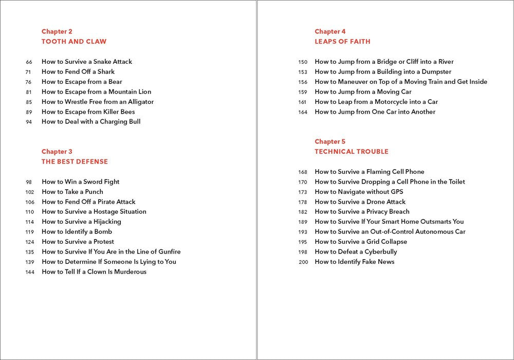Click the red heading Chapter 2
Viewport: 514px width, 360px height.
click(x=57, y=31)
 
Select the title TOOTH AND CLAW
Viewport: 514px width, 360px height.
click(x=74, y=42)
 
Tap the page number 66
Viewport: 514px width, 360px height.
click(x=29, y=62)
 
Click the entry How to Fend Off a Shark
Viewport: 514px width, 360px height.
click(x=78, y=71)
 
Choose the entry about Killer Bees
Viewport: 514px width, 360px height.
click(x=88, y=112)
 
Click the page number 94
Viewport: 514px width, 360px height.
click(x=29, y=122)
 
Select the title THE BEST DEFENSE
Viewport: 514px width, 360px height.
click(x=75, y=161)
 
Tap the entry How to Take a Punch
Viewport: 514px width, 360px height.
click(x=72, y=192)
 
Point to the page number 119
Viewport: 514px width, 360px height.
click(x=29, y=232)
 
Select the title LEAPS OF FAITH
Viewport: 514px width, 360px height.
click(x=342, y=42)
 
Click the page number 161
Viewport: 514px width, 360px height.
click(x=302, y=102)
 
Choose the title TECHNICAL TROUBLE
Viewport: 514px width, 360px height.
click(x=352, y=152)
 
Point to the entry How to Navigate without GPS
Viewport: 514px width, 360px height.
click(x=359, y=192)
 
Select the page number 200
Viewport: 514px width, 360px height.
click(x=303, y=262)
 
